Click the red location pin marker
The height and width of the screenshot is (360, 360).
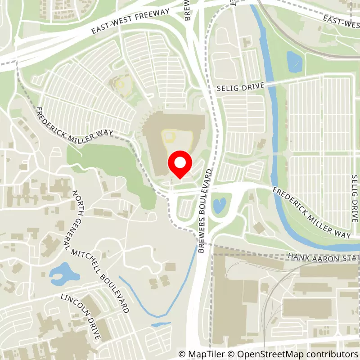point(180,165)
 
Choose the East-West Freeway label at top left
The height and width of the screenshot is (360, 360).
point(130,21)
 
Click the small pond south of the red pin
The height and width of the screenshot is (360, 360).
point(219,205)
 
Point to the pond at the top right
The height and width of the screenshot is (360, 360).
point(295,62)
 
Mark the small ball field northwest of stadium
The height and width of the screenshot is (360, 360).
point(121,84)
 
